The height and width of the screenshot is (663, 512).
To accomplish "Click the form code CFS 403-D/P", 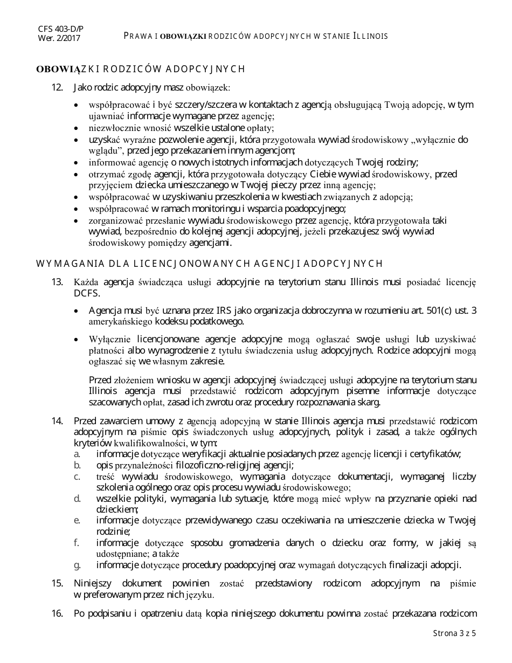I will pyautogui.click(x=60, y=29).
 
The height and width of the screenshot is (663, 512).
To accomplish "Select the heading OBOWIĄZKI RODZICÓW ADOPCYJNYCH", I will pyautogui.click(x=141, y=69).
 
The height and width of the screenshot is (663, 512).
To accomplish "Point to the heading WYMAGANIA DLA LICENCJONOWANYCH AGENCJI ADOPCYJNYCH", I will pyautogui.click(x=209, y=263).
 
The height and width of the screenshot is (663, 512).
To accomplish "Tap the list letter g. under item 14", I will pyautogui.click(x=78, y=565).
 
